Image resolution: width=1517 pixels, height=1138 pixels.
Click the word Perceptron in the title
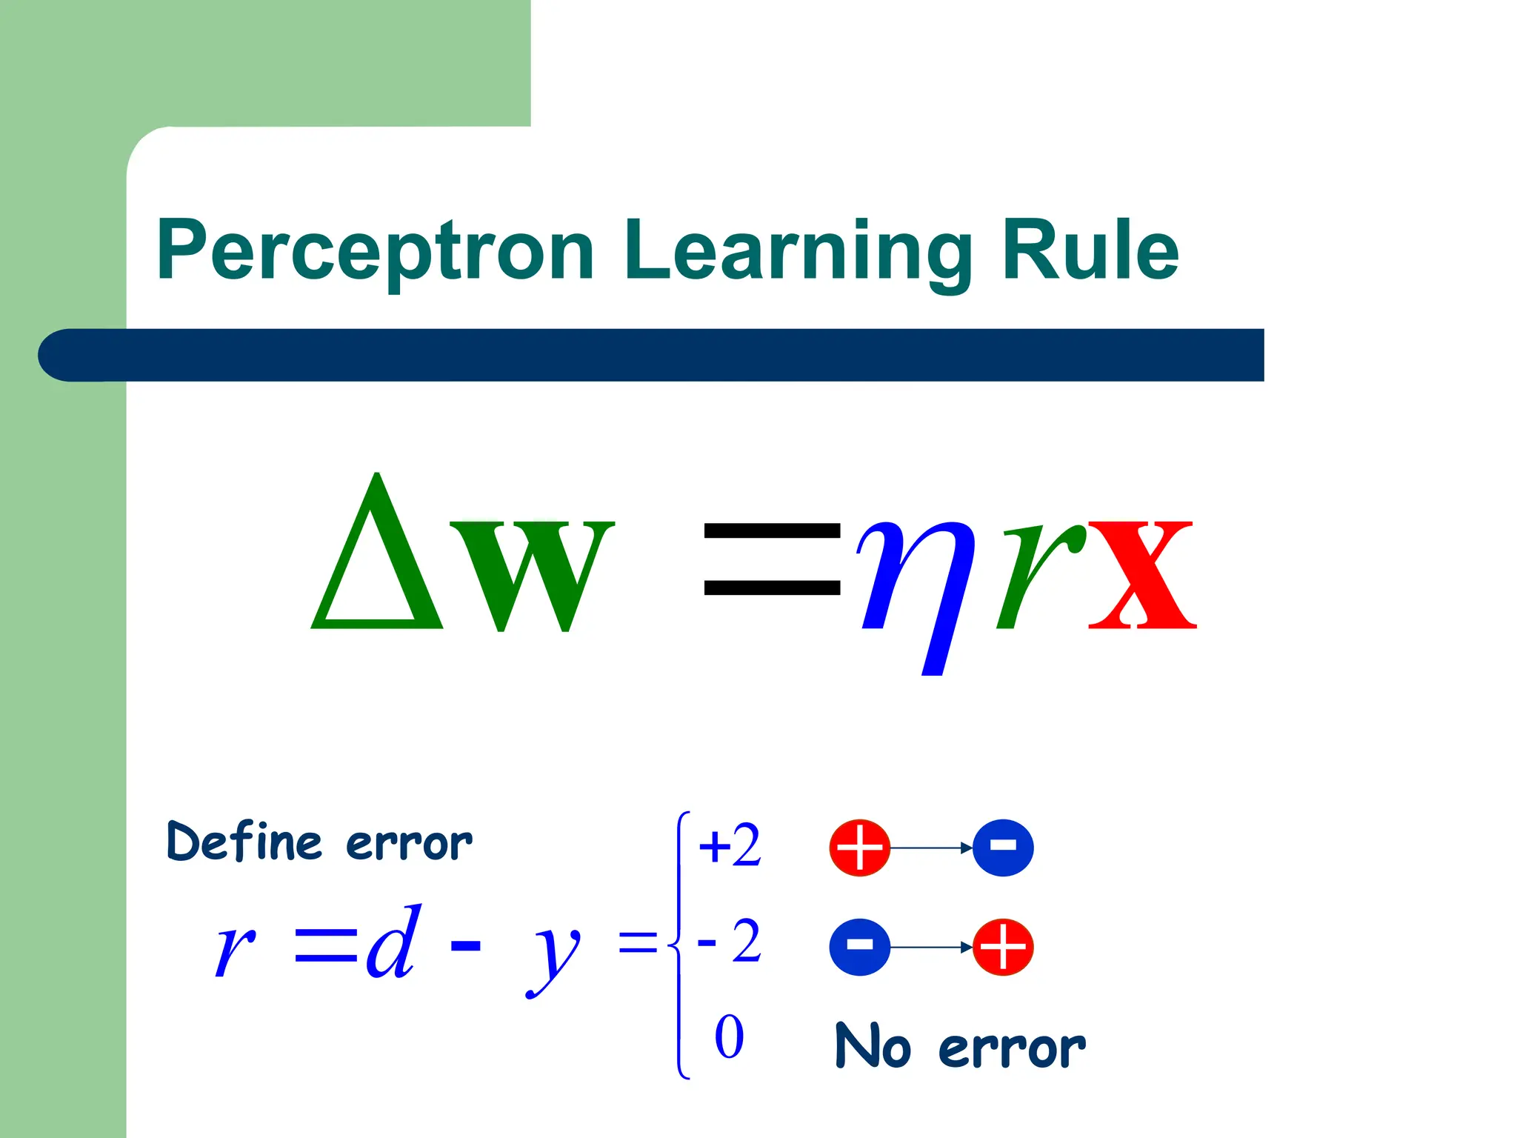pyautogui.click(x=375, y=252)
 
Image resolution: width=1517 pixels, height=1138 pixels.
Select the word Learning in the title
pyautogui.click(x=797, y=252)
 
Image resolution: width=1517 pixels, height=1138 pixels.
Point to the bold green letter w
pyautogui.click(x=532, y=574)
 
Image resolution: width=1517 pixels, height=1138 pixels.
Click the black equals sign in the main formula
pyautogui.click(x=772, y=559)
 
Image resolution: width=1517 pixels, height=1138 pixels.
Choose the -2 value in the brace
pyautogui.click(x=730, y=942)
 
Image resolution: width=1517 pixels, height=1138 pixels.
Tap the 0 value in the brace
pyautogui.click(x=729, y=1037)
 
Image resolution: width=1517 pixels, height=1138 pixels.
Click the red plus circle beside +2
pyautogui.click(x=859, y=848)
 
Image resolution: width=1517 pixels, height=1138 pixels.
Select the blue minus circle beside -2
pyautogui.click(x=859, y=947)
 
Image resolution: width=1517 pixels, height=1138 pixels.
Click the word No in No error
pyautogui.click(x=873, y=1046)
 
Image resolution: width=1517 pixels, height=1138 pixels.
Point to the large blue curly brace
pyautogui.click(x=679, y=945)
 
